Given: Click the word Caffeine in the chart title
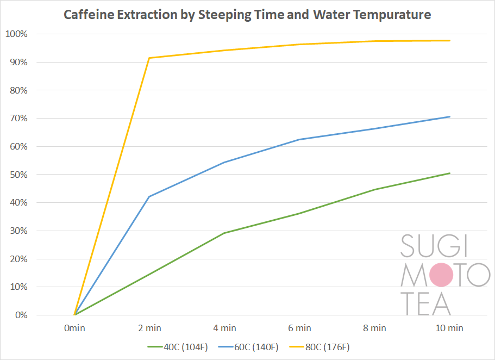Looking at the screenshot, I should [85, 15].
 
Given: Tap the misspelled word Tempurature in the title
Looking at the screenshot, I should [393, 15].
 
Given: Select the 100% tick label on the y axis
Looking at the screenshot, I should [16, 34].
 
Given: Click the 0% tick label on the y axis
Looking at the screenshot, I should [21, 315].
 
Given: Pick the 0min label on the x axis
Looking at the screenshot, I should [74, 328].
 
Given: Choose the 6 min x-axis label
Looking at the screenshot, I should [299, 328].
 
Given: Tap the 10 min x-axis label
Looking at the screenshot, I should [449, 328].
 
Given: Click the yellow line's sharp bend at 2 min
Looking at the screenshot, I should [149, 58].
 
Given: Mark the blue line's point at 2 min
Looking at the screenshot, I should [149, 196].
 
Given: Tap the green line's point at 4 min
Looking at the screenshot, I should [224, 233].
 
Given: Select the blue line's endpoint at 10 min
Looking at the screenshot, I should [449, 117].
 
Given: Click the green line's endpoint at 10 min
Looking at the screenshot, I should [449, 173].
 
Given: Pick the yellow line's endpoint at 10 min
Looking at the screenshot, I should [449, 41].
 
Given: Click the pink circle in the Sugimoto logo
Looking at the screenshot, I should [441, 275].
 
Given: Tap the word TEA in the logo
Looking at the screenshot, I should [427, 303].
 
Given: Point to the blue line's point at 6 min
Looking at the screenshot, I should [299, 140].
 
